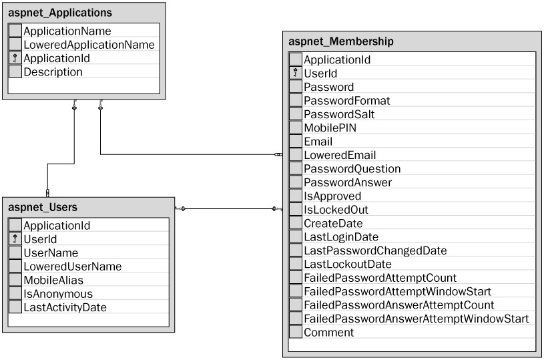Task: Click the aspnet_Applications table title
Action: tap(60, 13)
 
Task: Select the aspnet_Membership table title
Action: tap(340, 41)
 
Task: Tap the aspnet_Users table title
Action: tap(43, 207)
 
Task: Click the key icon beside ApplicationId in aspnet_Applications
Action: tap(15, 59)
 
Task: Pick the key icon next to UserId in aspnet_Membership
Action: tap(296, 73)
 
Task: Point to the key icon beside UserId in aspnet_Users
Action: tap(15, 239)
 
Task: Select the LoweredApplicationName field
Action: tap(89, 45)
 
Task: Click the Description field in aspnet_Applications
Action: tap(53, 72)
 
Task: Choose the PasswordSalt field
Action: tap(339, 114)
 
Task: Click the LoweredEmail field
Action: tap(335, 156)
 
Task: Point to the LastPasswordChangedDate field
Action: tap(375, 251)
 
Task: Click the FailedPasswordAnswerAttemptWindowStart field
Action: tap(416, 319)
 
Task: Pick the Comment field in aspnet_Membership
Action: tap(328, 333)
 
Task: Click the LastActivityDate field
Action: tap(65, 307)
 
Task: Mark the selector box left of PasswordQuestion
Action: tap(296, 169)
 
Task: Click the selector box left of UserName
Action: tap(15, 252)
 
